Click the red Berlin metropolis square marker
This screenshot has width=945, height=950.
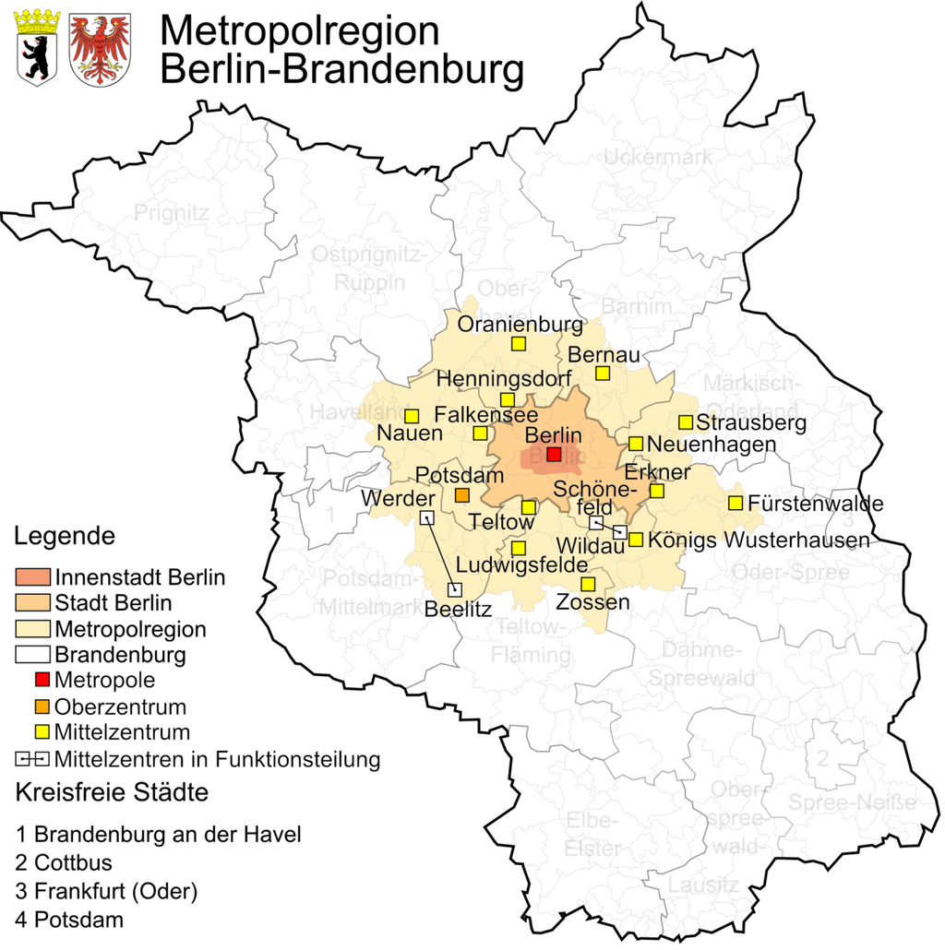[x=554, y=454]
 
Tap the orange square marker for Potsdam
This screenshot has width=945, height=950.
[x=462, y=495]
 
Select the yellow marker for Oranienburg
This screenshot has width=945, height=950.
[x=519, y=344]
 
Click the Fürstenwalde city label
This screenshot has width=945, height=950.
[x=816, y=504]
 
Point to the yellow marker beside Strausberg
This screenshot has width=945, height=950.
[x=686, y=422]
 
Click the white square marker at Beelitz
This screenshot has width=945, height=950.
[x=454, y=588]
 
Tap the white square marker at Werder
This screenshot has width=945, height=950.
[x=427, y=518]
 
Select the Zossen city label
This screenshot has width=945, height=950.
[x=592, y=602]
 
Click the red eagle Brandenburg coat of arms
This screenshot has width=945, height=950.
[x=100, y=48]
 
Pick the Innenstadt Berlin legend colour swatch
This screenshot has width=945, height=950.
[x=33, y=577]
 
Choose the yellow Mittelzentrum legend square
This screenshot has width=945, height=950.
[x=42, y=732]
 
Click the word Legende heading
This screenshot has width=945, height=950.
[x=65, y=536]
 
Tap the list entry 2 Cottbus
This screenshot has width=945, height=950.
[x=64, y=863]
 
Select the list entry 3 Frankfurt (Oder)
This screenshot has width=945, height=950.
[x=106, y=892]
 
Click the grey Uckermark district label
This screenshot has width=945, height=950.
[x=657, y=158]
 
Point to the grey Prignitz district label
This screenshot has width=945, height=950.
[x=172, y=214]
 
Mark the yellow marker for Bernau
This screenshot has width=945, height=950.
[x=603, y=373]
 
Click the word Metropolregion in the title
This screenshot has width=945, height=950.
[x=299, y=30]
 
